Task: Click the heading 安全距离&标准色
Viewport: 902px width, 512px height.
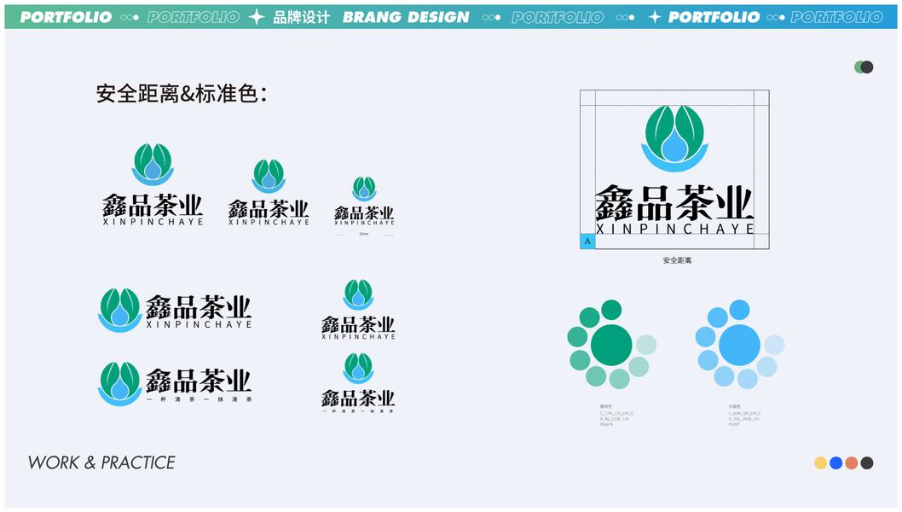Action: (x=182, y=94)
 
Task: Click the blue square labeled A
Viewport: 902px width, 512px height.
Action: (x=587, y=241)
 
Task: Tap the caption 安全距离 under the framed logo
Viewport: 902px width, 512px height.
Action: (x=677, y=260)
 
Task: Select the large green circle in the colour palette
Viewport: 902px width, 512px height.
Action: (x=611, y=345)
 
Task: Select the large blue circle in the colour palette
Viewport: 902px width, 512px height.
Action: (x=739, y=345)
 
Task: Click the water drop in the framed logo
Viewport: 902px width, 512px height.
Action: (x=674, y=147)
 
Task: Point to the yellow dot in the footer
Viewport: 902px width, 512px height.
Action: (x=820, y=463)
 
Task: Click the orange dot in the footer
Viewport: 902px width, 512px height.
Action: (x=851, y=463)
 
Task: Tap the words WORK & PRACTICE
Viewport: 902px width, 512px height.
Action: (x=101, y=463)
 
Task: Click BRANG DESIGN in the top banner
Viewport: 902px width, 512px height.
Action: (x=406, y=17)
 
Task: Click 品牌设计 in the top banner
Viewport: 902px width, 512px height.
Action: (x=301, y=17)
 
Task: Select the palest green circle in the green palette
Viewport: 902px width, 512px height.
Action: (x=646, y=345)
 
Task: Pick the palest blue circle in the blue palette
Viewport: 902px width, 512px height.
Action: (x=774, y=345)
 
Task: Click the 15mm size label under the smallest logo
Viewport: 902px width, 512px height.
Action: (x=364, y=234)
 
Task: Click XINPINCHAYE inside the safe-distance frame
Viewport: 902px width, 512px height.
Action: (x=674, y=229)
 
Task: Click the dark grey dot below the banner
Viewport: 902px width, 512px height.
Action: (x=867, y=67)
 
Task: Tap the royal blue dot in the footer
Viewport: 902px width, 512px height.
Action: (x=836, y=463)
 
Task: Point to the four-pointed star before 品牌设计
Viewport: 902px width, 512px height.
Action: (x=256, y=17)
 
